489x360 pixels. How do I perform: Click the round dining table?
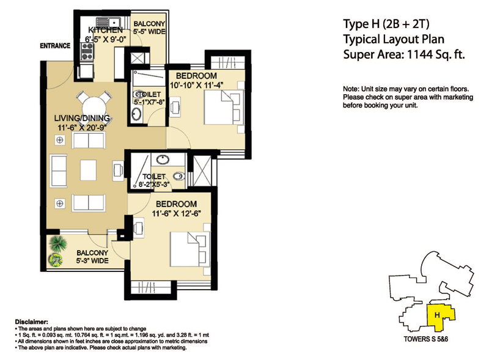(x=91, y=103)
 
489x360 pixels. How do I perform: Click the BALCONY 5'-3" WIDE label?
(x=92, y=257)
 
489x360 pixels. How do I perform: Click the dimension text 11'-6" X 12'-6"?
(x=176, y=214)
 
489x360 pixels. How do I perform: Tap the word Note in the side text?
(x=351, y=89)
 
